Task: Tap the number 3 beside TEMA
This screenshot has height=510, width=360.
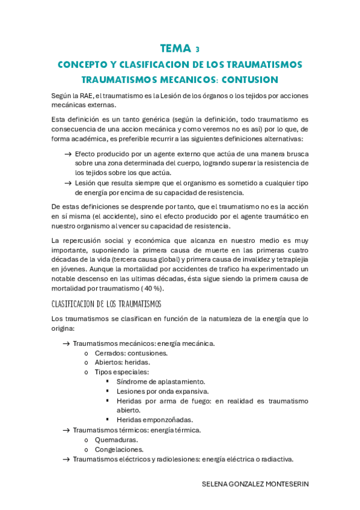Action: [x=197, y=50]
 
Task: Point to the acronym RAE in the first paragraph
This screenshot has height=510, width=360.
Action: [x=86, y=96]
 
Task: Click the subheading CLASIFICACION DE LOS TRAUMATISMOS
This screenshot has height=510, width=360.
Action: [x=106, y=304]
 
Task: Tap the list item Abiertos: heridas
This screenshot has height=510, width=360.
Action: [x=122, y=362]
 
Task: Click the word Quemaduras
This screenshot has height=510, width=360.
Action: [x=116, y=440]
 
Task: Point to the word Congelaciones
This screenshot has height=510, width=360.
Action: [x=118, y=449]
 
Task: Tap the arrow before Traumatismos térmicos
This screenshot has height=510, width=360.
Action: [x=66, y=430]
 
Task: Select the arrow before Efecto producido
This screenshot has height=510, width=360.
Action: [x=68, y=155]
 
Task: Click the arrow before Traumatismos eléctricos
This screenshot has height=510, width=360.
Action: [x=66, y=459]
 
